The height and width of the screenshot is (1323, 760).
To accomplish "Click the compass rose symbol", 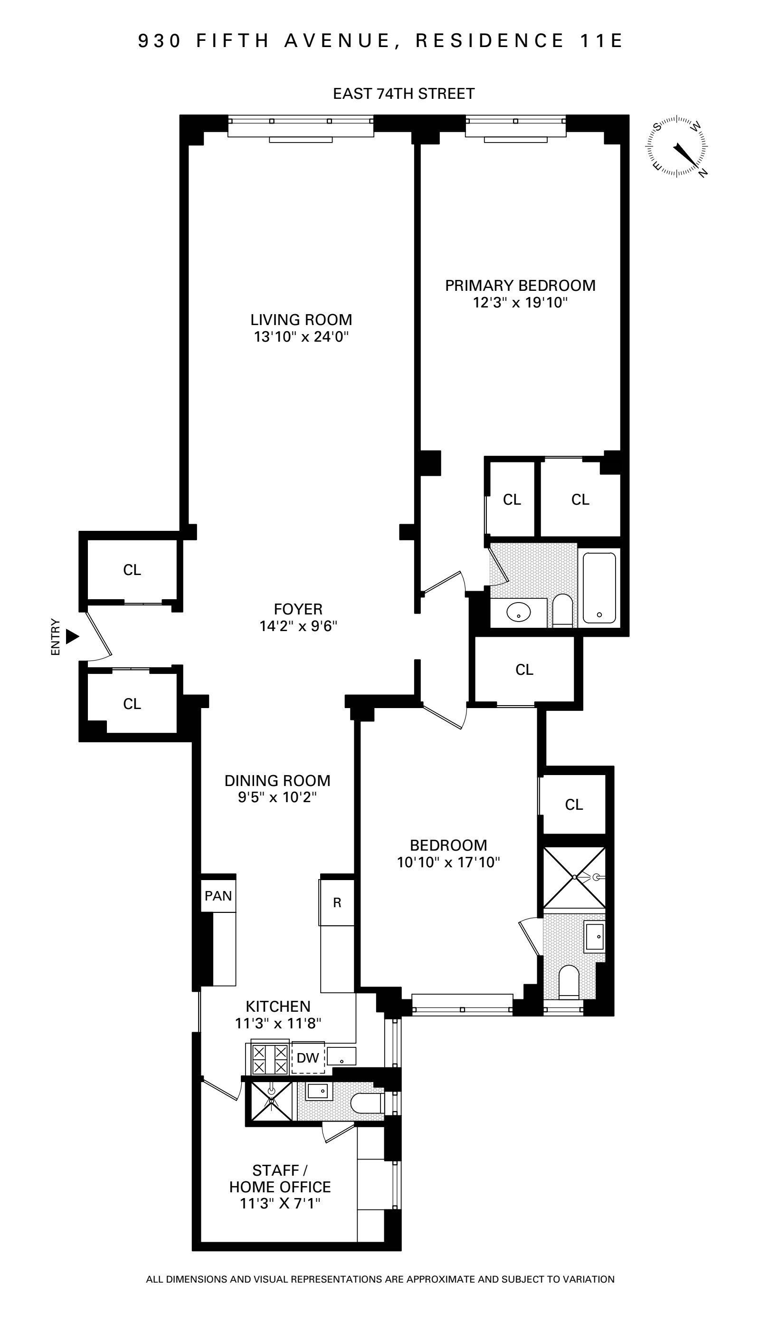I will pyautogui.click(x=677, y=146).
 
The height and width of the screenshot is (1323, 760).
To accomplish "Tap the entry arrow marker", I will pyautogui.click(x=72, y=637).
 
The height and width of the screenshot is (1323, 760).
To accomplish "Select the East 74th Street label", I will pyautogui.click(x=403, y=94).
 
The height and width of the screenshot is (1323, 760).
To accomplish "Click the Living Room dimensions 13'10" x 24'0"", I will pyautogui.click(x=301, y=337).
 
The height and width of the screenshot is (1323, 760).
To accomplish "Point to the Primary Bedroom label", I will pyautogui.click(x=520, y=286).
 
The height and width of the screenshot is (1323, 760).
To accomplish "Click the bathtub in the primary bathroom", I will pyautogui.click(x=599, y=588).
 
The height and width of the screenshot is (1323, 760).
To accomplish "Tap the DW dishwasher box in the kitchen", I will pyautogui.click(x=308, y=1058).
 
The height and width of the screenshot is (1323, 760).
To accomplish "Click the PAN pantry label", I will pyautogui.click(x=218, y=896).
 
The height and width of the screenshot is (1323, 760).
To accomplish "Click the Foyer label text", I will pyautogui.click(x=298, y=609).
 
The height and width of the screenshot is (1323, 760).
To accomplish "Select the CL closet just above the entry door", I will pyautogui.click(x=132, y=570).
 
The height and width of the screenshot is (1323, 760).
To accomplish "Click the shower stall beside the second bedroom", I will pyautogui.click(x=574, y=877).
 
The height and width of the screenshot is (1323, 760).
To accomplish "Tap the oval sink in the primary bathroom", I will pyautogui.click(x=518, y=612).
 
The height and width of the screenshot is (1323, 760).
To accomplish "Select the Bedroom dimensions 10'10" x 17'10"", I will pyautogui.click(x=448, y=862).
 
